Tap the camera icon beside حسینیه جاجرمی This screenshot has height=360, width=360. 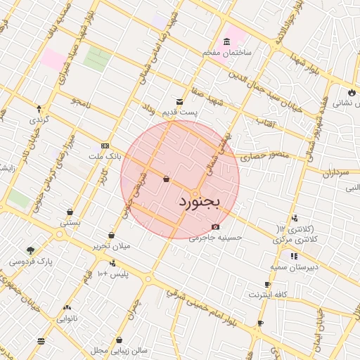[x=215, y=226]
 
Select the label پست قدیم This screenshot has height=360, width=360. [x=196, y=112]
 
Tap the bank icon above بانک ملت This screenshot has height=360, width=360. [x=105, y=146]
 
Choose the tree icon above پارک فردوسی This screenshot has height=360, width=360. [x=30, y=250]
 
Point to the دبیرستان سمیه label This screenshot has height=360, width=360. [x=293, y=267]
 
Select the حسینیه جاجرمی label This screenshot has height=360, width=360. [x=215, y=237]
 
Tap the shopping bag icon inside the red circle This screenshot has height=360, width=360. [x=165, y=179]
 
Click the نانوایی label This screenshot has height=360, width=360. [x=67, y=318]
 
